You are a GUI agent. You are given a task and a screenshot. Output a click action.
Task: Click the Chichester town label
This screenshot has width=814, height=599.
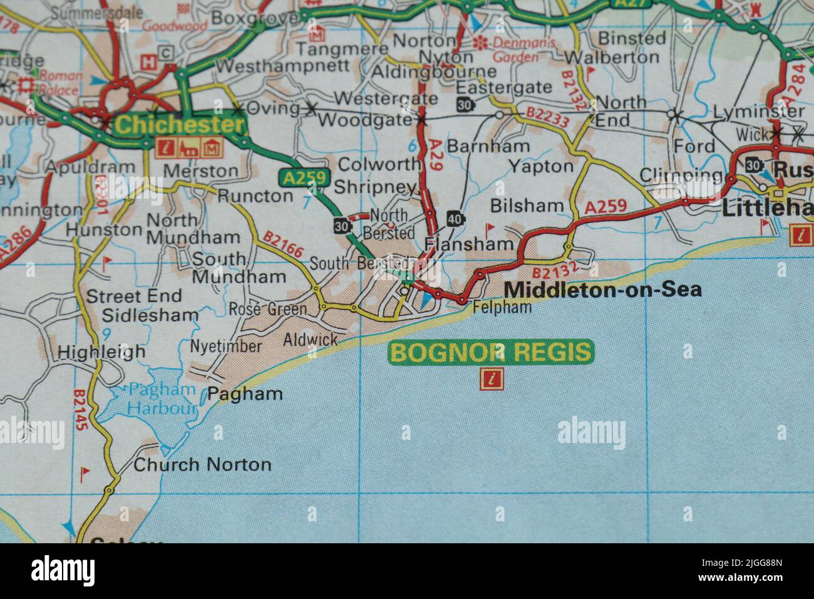click(x=179, y=125)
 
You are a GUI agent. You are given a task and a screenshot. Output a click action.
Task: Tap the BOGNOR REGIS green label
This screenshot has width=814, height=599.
click(x=490, y=352)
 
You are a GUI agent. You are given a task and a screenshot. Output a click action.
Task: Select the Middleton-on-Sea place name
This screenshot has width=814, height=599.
click(x=602, y=289)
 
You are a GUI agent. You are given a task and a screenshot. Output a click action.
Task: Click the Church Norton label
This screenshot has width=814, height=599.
click(x=202, y=464)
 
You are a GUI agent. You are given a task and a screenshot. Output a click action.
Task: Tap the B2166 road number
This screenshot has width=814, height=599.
click(x=284, y=245)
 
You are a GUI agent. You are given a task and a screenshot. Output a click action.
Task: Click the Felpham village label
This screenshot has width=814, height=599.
click(x=502, y=307)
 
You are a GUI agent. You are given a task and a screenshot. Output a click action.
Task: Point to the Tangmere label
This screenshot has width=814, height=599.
click(x=342, y=49)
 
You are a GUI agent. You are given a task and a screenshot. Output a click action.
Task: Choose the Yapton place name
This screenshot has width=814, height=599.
click(x=540, y=166)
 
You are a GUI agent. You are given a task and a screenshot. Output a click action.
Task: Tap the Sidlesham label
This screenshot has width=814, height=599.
click(x=150, y=315)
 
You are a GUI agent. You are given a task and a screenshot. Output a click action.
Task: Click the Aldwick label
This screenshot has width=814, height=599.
click(x=310, y=340)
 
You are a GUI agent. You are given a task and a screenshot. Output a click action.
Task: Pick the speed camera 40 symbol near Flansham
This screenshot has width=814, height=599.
click(x=455, y=218)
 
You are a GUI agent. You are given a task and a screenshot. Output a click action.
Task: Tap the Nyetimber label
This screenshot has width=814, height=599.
click(x=225, y=346)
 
